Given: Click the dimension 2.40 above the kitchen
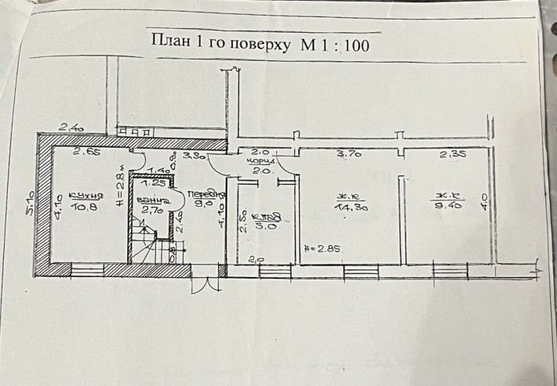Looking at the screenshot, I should click(x=72, y=124).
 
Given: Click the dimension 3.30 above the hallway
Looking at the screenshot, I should click(x=193, y=156).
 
